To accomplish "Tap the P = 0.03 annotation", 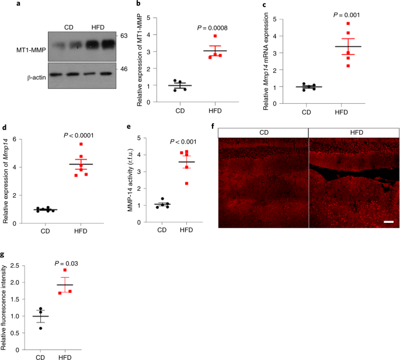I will (x=67, y=263).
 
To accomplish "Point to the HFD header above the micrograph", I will (x=353, y=132).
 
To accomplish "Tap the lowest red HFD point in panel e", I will (x=187, y=183).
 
